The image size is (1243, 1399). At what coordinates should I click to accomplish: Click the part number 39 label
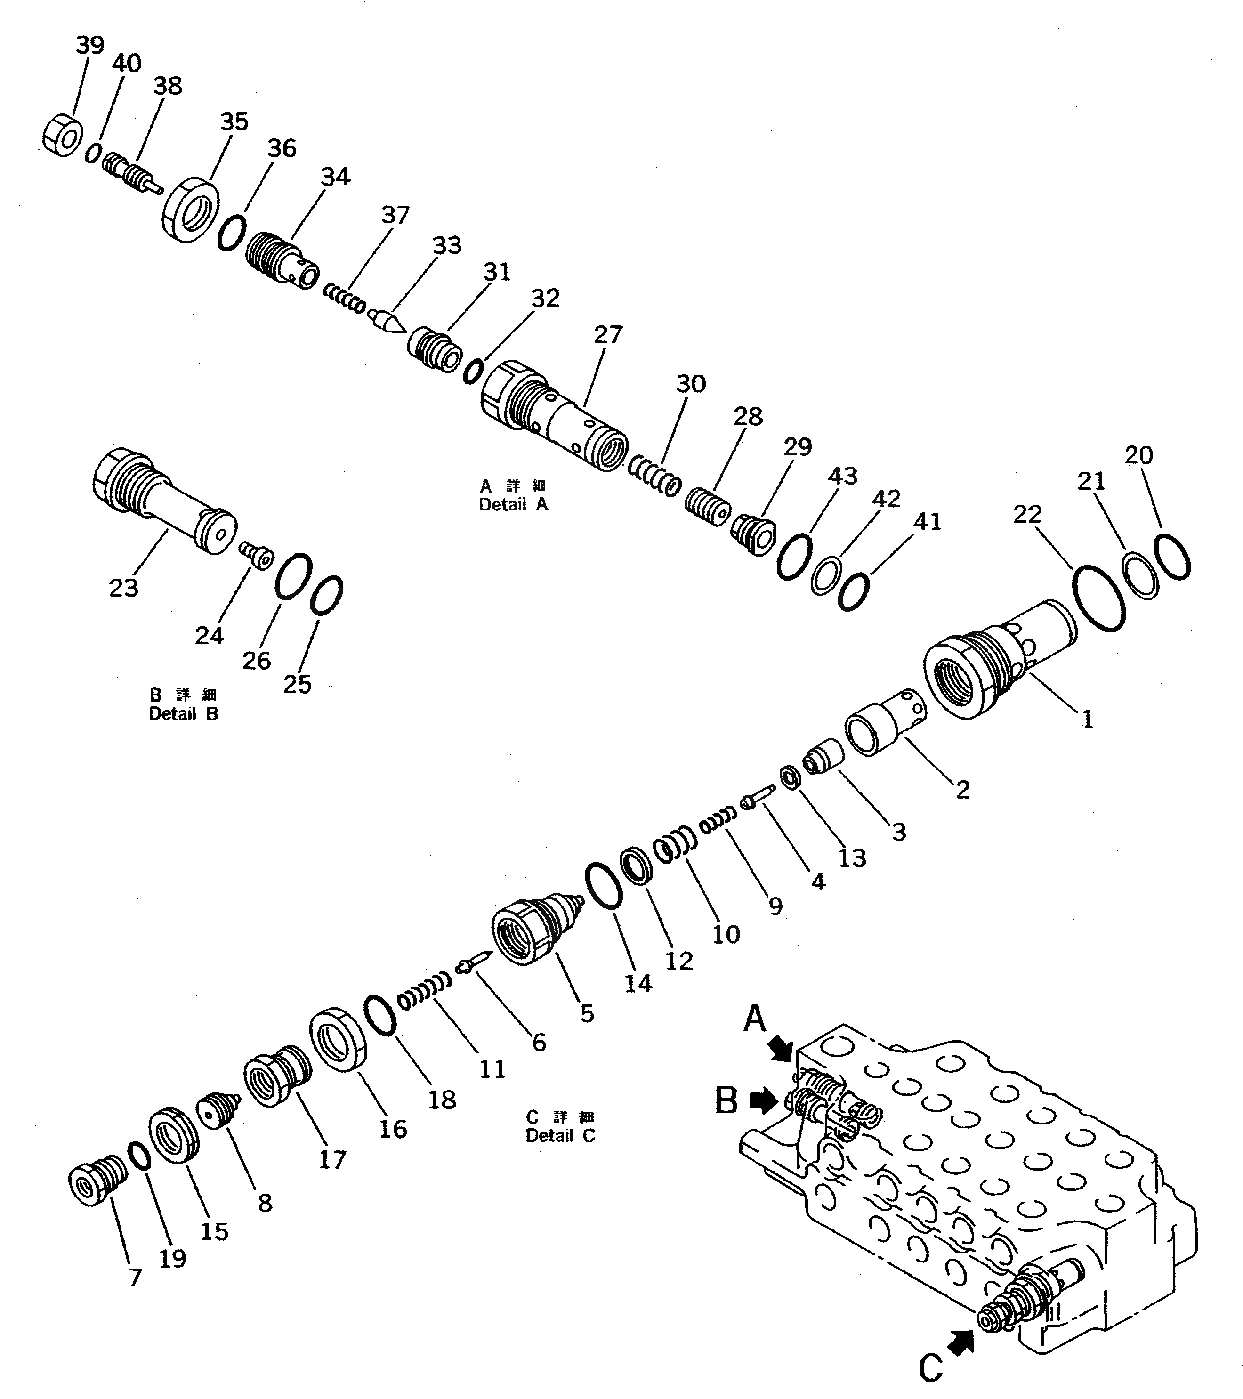tap(89, 46)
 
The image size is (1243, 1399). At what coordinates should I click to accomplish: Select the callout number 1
tap(1087, 720)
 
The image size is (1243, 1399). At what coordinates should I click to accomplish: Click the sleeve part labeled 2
tap(886, 721)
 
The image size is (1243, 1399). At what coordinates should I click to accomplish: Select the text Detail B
tap(184, 714)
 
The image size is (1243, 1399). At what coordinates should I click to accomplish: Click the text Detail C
tap(560, 1135)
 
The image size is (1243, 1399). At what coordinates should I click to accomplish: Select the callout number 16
tap(393, 1129)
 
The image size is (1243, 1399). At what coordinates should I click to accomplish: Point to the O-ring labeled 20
tap(1171, 557)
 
